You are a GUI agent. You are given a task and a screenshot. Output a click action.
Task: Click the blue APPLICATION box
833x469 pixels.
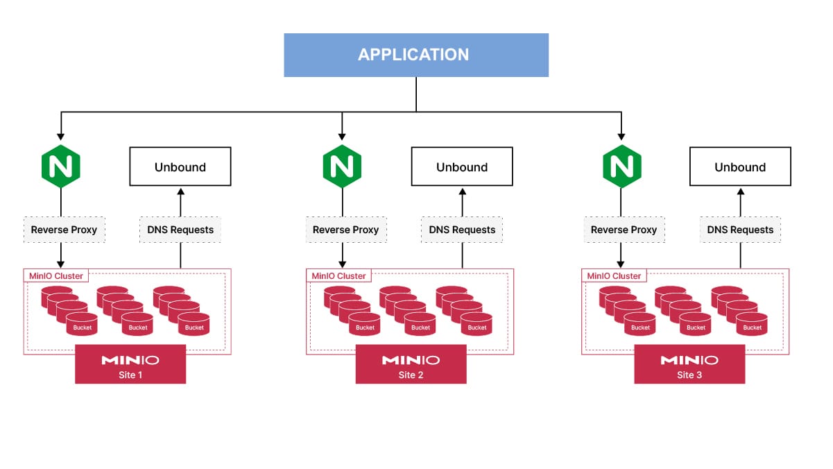(416, 55)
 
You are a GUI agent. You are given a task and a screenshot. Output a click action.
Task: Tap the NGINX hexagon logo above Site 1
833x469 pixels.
(61, 167)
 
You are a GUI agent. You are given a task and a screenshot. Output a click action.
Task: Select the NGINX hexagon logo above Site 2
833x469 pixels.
(342, 167)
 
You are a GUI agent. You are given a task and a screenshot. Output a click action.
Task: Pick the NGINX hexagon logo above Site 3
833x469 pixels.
(621, 167)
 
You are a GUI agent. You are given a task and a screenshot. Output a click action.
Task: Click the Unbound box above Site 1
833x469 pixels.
(180, 167)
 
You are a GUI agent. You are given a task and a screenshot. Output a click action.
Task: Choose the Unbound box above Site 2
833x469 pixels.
(462, 167)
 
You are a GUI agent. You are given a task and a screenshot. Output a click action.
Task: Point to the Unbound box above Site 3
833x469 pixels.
(740, 167)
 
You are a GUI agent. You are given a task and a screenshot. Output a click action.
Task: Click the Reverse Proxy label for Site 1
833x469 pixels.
(65, 230)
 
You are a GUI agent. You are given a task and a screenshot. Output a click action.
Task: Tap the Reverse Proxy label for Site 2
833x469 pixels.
(346, 230)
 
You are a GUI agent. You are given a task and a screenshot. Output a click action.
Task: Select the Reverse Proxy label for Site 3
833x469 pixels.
(624, 230)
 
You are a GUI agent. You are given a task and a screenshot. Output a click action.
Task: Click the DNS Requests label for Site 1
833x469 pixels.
(180, 230)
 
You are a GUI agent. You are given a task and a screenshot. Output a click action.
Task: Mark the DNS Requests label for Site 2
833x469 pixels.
(462, 230)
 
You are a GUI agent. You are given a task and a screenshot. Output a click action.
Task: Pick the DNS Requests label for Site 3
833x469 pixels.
(740, 230)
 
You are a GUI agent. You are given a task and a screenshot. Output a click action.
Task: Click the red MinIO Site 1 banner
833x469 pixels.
(130, 364)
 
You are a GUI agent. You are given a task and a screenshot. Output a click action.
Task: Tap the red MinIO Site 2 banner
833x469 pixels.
(411, 364)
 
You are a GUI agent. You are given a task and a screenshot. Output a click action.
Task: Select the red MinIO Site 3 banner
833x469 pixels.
(689, 364)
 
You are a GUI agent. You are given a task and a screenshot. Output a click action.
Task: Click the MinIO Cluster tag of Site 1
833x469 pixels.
(56, 276)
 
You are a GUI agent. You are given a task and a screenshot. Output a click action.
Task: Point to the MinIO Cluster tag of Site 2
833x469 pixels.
(338, 276)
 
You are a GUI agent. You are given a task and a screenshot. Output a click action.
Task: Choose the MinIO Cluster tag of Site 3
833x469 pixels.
(614, 276)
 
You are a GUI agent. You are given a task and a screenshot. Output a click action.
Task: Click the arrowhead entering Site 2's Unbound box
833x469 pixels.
(463, 191)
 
